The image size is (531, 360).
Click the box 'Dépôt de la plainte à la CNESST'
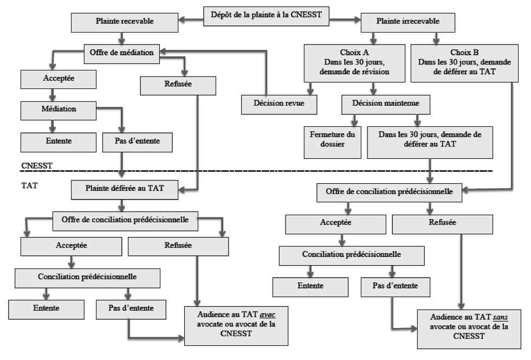[x=266, y=16]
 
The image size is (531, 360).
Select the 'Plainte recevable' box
[x=125, y=23]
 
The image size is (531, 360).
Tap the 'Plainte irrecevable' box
[x=407, y=23]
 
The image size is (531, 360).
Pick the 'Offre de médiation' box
[x=122, y=54]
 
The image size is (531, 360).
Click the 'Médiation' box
[x=59, y=111]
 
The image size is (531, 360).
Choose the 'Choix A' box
[x=354, y=63]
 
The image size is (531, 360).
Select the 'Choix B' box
[x=465, y=63]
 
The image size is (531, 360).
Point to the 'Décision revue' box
[x=279, y=105]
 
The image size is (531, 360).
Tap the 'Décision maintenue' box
[x=386, y=105]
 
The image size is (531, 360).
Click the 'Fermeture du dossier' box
[x=333, y=143]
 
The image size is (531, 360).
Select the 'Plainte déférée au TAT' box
[x=125, y=190]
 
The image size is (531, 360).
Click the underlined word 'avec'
[x=268, y=315]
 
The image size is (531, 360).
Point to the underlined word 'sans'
[x=501, y=317]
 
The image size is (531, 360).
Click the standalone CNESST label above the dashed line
[x=37, y=166]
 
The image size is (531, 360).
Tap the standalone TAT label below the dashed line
[x=29, y=185]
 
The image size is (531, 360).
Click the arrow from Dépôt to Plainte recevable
[x=191, y=20]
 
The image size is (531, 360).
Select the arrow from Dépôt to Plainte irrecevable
[x=345, y=20]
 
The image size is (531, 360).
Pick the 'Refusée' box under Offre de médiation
[x=178, y=86]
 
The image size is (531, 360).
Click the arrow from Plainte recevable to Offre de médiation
[x=122, y=38]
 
